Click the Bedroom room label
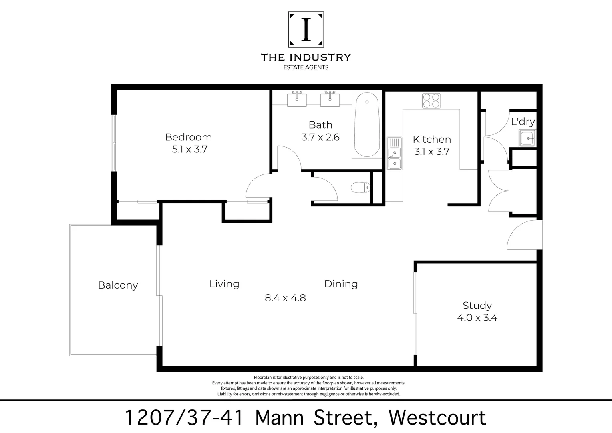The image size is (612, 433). point(188,137)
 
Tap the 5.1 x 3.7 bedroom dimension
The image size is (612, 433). point(189,150)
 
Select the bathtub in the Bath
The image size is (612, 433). point(366,125)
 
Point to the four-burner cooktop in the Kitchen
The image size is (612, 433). point(431,100)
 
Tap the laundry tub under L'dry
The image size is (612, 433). point(527,138)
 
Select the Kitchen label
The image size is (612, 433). point(432,140)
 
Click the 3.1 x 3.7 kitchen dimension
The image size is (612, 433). point(432,152)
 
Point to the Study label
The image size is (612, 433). point(477,306)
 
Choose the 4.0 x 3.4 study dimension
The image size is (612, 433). point(477,318)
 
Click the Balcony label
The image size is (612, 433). point(118,285)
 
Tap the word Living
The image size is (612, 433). point(224,284)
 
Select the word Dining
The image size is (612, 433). point(341,284)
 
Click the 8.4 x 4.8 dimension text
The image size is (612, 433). point(285,298)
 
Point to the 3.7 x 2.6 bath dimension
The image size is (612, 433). point(320,137)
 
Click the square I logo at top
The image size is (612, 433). point(306,29)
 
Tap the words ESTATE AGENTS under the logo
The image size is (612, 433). point(306,67)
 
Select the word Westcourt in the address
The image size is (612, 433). point(437,418)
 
